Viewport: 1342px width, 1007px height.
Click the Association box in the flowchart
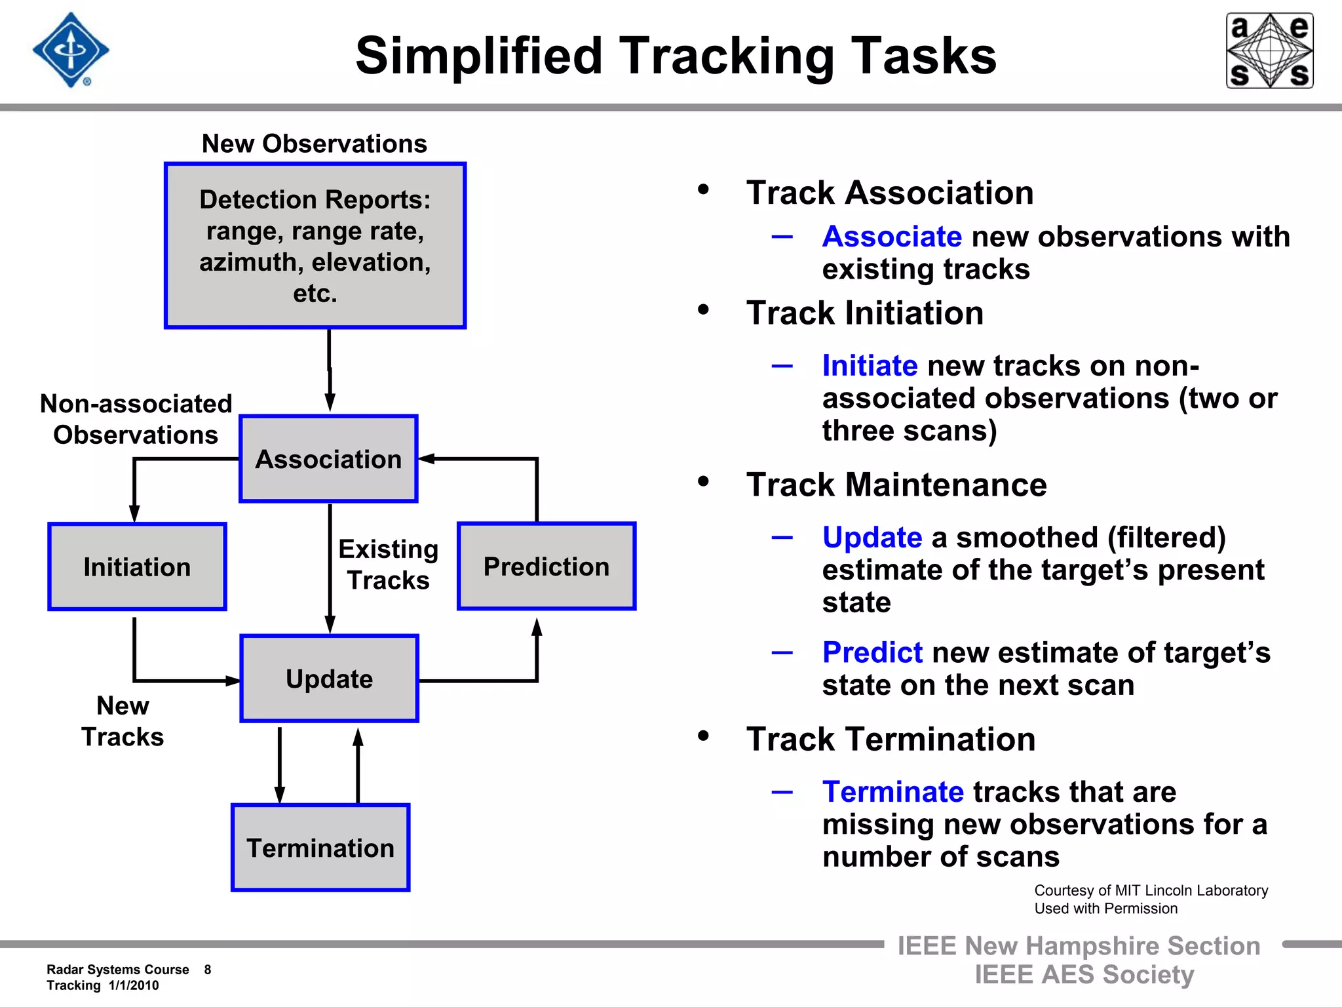click(x=328, y=459)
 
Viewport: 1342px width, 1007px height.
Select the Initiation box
click(x=137, y=567)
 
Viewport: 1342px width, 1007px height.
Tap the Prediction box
click(x=546, y=566)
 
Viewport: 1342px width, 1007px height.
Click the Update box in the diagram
click(x=329, y=679)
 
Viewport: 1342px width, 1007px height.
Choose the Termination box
click(x=320, y=848)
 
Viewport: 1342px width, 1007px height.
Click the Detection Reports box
click(x=315, y=246)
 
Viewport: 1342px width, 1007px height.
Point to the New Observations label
click(x=315, y=144)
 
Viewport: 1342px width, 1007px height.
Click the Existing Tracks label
click(x=388, y=564)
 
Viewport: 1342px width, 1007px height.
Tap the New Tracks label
click(x=123, y=721)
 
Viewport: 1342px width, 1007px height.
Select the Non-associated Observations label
click(x=136, y=420)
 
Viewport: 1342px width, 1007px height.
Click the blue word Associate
click(x=892, y=237)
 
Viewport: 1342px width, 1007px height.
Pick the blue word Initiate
click(x=870, y=366)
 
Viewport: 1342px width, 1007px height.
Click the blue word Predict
click(x=872, y=652)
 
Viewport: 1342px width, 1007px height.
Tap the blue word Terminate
click(x=892, y=792)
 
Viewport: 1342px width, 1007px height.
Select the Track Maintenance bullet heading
click(x=896, y=485)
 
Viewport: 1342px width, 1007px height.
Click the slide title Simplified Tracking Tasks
click(x=676, y=56)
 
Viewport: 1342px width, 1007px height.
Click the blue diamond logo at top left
click(x=71, y=50)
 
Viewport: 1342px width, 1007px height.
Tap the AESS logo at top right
click(x=1269, y=50)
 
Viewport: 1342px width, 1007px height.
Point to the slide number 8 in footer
click(x=208, y=970)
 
